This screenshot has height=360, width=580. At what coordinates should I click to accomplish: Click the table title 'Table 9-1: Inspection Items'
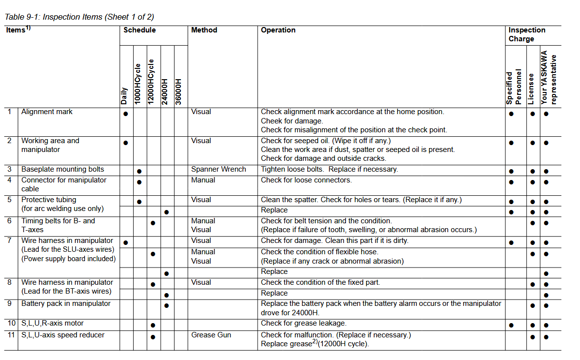[79, 17]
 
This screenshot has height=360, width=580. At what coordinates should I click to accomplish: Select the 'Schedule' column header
[140, 30]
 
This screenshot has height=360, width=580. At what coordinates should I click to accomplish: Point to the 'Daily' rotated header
[124, 96]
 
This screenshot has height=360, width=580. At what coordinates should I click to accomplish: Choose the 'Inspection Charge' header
[526, 34]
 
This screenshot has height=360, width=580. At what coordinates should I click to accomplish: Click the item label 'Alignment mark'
[47, 112]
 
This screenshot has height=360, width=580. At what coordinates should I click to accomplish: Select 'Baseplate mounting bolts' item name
[62, 170]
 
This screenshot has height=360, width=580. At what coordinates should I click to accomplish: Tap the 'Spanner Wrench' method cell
[218, 170]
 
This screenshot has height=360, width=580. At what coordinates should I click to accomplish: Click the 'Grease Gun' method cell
[211, 335]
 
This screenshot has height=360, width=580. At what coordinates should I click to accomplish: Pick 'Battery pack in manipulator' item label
[66, 304]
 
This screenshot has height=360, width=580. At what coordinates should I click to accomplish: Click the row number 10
[11, 324]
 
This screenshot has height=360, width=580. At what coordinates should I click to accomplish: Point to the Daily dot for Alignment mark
[126, 114]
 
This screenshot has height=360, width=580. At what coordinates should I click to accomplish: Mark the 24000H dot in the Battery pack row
[167, 306]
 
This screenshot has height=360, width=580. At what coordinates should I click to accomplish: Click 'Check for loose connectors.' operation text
[306, 180]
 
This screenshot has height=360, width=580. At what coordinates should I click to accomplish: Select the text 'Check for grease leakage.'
[303, 324]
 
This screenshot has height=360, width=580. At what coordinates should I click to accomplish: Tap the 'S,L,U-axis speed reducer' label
[63, 335]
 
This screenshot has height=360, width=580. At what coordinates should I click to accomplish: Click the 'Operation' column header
[278, 30]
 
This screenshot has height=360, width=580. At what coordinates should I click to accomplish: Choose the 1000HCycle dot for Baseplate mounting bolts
[140, 172]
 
